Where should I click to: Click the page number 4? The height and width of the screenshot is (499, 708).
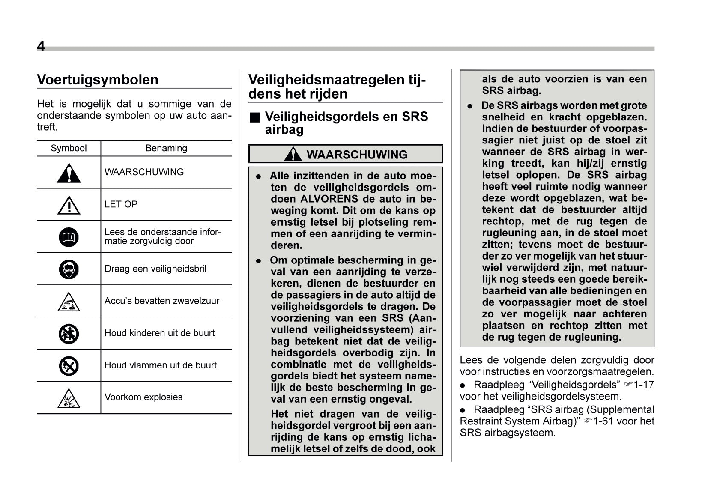[41, 46]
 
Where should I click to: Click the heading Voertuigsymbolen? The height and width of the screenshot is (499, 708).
[98, 80]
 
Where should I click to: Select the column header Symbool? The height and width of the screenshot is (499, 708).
[69, 148]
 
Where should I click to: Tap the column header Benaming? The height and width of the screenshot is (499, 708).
[166, 148]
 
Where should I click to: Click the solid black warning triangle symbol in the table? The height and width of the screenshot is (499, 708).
[69, 173]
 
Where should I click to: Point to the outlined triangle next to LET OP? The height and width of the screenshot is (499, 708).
[69, 205]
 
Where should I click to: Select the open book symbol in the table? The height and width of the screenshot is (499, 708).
[69, 237]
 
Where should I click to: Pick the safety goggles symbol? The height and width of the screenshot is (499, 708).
[69, 269]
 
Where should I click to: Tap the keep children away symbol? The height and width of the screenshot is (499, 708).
[69, 334]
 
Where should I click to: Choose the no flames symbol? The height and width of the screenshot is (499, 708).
[69, 366]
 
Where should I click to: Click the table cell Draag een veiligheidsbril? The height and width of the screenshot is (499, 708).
[155, 269]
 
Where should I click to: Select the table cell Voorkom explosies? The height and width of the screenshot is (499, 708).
[143, 397]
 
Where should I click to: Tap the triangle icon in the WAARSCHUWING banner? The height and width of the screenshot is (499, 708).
[293, 154]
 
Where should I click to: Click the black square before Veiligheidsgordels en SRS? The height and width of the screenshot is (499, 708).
[255, 117]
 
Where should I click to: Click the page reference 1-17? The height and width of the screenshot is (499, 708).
[644, 385]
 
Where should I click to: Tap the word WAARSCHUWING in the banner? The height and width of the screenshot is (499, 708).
[357, 155]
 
